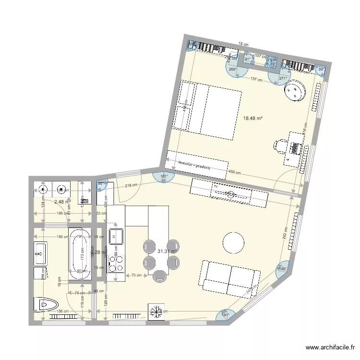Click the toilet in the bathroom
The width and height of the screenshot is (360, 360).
[46, 304]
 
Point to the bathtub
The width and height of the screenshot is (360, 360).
[80, 253]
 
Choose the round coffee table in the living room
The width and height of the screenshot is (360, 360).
[234, 242]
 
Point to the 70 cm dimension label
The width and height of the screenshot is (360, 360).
[137, 276]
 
